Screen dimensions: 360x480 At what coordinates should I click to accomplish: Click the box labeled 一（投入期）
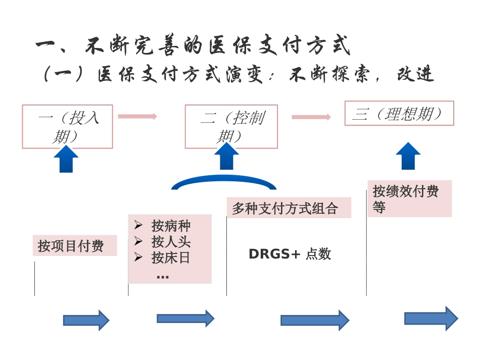67,126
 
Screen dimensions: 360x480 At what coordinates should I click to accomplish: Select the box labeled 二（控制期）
231,126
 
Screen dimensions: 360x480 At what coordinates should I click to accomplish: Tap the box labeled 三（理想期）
399,113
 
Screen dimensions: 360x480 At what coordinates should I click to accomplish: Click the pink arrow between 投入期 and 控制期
137,116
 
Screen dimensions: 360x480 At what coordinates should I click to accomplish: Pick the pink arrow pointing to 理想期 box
311,117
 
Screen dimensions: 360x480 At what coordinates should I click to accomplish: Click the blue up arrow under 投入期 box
66,159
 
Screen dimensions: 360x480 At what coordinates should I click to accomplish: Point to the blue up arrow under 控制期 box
226,157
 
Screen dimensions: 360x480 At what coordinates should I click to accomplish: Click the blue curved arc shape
224,181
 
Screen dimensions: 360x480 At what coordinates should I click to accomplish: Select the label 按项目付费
71,246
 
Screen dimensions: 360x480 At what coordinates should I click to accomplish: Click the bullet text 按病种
171,225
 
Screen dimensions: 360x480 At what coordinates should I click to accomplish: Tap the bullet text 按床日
171,258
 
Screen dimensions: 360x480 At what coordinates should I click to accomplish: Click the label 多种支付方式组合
285,209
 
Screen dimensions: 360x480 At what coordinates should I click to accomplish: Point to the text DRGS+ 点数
290,254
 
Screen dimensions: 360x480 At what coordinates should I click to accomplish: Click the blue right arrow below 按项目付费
86,320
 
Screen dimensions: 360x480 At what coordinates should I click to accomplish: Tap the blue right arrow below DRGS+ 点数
315,320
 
